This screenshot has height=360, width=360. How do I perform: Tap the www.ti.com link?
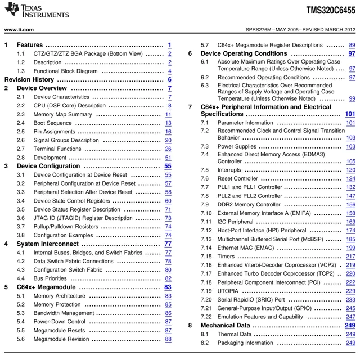click(x=19, y=29)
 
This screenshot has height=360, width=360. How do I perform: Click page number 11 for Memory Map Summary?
click(x=168, y=114)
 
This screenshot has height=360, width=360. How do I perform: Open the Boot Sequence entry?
click(x=52, y=123)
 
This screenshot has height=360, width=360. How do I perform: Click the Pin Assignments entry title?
click(x=56, y=132)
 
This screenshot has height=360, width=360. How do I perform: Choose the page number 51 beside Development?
click(x=168, y=157)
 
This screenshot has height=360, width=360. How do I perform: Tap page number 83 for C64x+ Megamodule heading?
click(x=168, y=287)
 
